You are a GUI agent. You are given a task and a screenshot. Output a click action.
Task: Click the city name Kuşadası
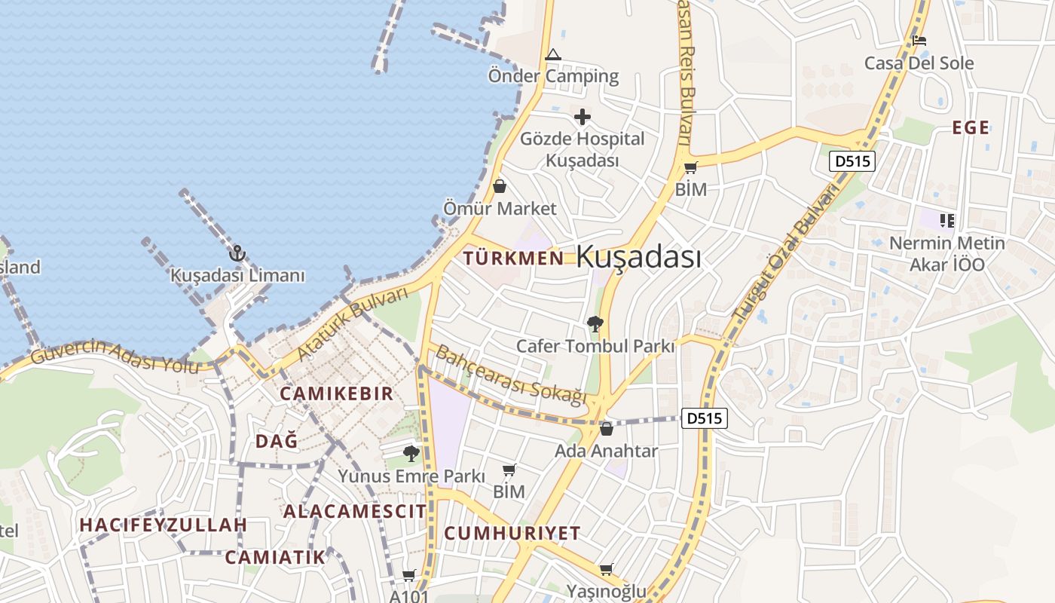tap(638, 257)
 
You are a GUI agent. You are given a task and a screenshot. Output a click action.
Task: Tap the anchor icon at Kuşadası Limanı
tap(237, 253)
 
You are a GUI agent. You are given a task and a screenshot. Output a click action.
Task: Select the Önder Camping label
tap(553, 76)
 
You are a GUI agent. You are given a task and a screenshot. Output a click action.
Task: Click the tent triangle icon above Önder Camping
tap(553, 54)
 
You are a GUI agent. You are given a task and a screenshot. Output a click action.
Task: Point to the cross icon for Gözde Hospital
tap(582, 117)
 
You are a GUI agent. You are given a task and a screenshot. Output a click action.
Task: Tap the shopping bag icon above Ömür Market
tap(499, 186)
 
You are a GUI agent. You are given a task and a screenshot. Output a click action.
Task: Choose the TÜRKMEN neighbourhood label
tap(513, 258)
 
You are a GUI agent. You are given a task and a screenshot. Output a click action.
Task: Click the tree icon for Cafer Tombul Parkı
tap(595, 324)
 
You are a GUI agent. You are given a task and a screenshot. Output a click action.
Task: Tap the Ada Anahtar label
tap(606, 451)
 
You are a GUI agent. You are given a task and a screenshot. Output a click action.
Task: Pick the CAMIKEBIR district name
tap(337, 393)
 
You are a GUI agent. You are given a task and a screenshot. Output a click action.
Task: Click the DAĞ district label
tap(277, 442)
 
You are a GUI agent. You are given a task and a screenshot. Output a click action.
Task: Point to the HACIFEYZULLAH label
tap(164, 525)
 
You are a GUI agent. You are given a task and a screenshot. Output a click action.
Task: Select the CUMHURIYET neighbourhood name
tap(512, 533)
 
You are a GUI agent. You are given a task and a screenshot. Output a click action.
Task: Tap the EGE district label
tap(971, 128)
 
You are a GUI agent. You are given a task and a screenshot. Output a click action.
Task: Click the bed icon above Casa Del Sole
tap(919, 41)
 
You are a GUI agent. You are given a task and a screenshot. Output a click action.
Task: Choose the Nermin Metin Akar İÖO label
tap(947, 254)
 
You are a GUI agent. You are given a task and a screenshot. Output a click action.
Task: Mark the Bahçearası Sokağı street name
tap(511, 375)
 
